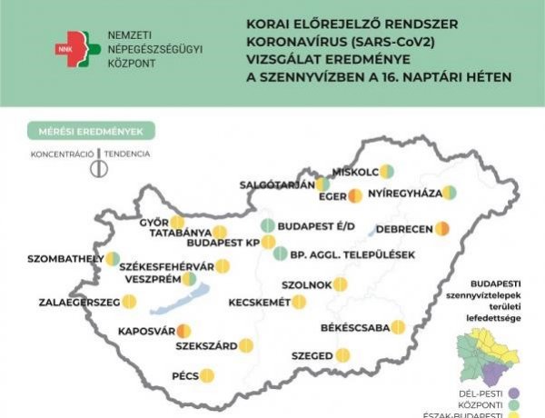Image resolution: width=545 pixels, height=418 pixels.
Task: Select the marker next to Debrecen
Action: pyautogui.click(x=443, y=227)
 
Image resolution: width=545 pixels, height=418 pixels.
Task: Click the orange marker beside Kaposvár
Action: pyautogui.click(x=183, y=331)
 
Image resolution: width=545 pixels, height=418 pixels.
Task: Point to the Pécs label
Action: pyautogui.click(x=184, y=374)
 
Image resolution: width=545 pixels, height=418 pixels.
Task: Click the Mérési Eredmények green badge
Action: pyautogui.click(x=90, y=132)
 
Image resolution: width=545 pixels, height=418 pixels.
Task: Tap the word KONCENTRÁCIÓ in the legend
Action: pyautogui.click(x=62, y=154)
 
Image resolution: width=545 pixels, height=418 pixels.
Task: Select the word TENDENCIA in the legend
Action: pyautogui.click(x=127, y=154)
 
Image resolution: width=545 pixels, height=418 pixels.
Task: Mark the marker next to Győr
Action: pyautogui.click(x=177, y=222)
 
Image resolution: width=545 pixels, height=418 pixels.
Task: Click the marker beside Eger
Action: pyautogui.click(x=354, y=195)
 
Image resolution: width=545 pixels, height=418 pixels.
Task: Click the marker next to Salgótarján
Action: pyautogui.click(x=324, y=184)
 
